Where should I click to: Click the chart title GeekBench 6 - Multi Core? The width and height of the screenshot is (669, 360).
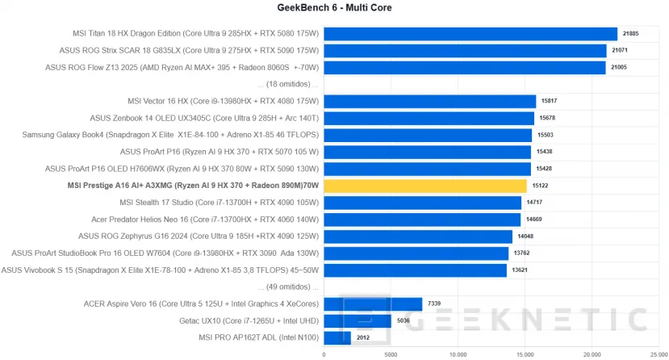click(334, 7)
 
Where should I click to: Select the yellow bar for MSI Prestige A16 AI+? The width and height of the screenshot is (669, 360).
click(424, 186)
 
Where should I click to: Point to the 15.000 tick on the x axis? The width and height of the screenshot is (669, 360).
click(525, 354)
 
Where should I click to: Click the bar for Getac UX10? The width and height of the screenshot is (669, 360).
click(357, 320)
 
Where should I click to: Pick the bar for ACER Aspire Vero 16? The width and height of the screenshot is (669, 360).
click(373, 303)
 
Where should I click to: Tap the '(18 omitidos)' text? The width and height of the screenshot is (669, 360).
click(288, 84)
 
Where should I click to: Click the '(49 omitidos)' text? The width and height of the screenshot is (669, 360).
click(288, 287)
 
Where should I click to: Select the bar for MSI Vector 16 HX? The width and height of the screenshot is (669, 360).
click(429, 101)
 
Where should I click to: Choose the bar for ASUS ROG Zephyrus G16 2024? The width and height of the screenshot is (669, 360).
click(417, 237)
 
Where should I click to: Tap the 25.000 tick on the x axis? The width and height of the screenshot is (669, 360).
click(659, 354)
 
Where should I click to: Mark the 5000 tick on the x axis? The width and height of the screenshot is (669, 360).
click(391, 354)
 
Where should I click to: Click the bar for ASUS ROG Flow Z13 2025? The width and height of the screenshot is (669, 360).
click(464, 68)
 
